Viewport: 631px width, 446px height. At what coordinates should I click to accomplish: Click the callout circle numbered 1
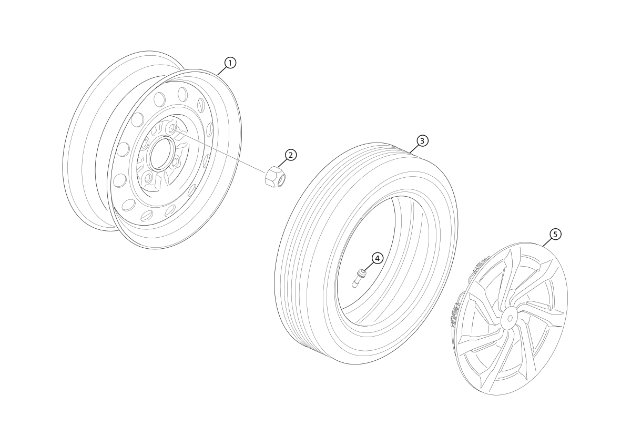click(230, 63)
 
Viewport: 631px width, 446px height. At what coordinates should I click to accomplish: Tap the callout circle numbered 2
click(291, 155)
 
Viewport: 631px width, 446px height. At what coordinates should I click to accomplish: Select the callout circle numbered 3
click(422, 140)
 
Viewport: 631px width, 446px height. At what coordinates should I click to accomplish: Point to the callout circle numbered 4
click(378, 258)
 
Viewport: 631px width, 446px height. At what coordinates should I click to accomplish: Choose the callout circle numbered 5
click(555, 235)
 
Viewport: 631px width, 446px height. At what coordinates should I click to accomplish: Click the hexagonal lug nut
click(275, 176)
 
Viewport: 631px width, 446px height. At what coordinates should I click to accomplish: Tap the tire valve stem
click(358, 278)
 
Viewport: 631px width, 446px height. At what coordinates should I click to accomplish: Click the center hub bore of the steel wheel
click(161, 154)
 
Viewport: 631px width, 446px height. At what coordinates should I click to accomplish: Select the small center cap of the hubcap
click(509, 318)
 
